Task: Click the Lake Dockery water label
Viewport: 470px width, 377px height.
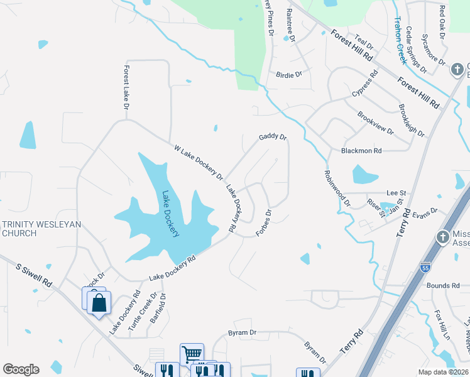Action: click(171, 214)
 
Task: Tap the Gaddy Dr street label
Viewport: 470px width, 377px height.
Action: click(273, 137)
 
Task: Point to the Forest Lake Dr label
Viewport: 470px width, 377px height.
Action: click(126, 89)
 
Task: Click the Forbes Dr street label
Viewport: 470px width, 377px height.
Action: click(264, 223)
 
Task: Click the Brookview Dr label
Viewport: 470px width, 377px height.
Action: click(375, 123)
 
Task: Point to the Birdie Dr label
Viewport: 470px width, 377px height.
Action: click(289, 74)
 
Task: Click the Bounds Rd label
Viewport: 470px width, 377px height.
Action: click(443, 285)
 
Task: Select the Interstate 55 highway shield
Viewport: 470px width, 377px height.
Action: click(425, 266)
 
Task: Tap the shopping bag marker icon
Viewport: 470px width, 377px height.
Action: click(99, 303)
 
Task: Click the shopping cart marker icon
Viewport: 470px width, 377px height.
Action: click(192, 353)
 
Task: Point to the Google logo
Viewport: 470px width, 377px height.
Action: click(21, 369)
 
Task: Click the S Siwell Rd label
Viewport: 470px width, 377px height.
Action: click(35, 275)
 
